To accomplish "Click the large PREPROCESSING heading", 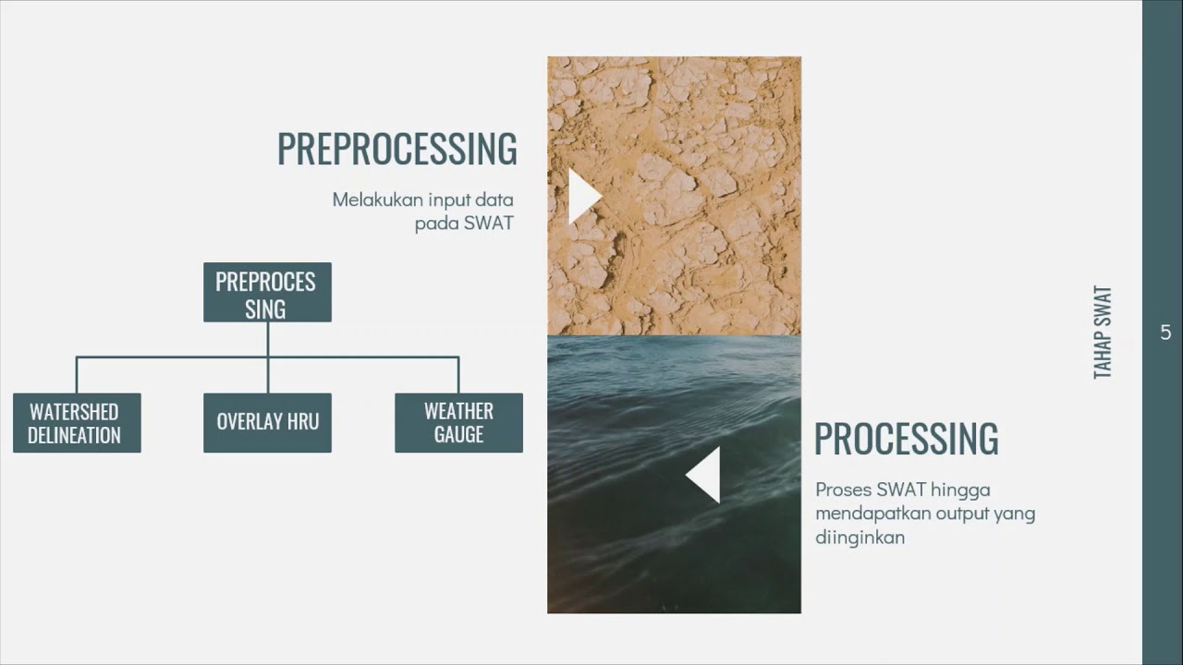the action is (397, 150).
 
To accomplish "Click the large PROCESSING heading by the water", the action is (907, 439).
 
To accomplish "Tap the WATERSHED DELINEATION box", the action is (77, 423).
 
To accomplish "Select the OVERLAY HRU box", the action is (268, 423).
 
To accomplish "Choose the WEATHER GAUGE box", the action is (459, 423).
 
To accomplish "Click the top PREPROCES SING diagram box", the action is (268, 292).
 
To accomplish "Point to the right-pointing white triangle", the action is (584, 197).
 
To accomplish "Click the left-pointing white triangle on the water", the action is (703, 475).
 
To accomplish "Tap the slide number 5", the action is (1165, 332).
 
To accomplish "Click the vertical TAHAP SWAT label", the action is (1103, 332).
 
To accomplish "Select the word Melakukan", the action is (378, 199).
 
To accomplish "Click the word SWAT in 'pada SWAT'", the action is (489, 224).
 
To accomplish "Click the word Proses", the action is (844, 490).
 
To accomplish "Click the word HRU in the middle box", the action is (303, 422).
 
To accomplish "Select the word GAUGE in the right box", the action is (459, 434).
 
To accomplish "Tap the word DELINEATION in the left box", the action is (75, 436).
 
